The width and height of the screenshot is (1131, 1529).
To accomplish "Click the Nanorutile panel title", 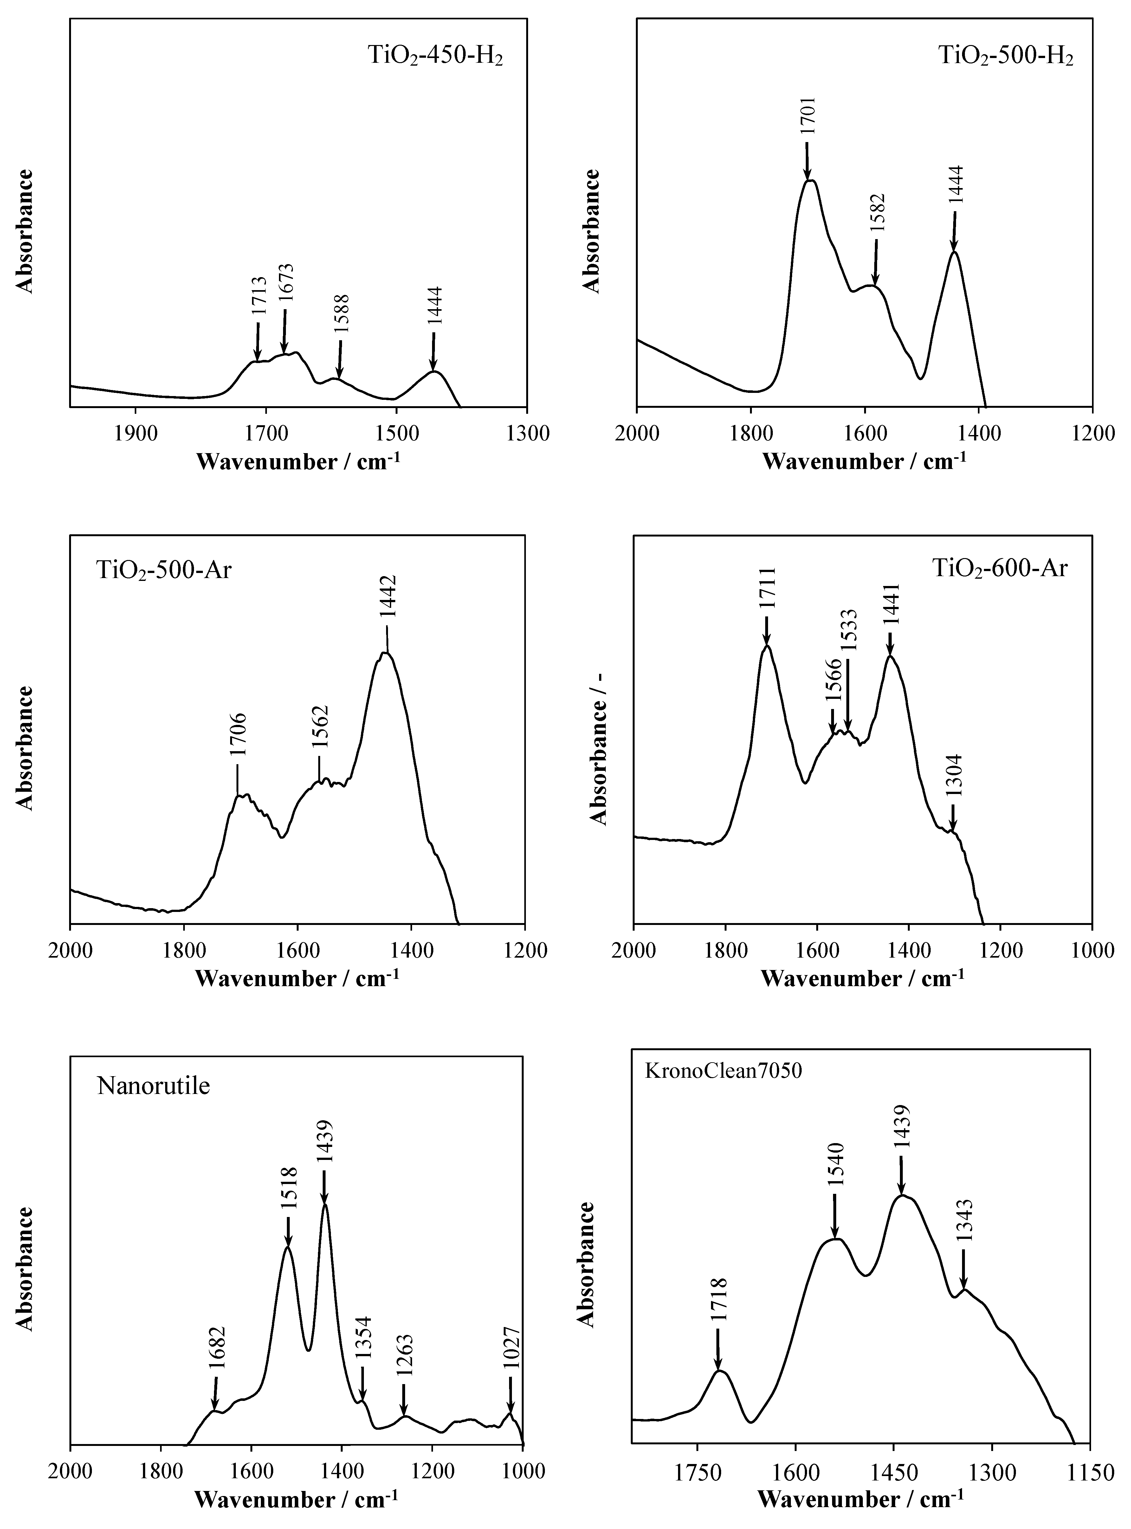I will tap(153, 1086).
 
